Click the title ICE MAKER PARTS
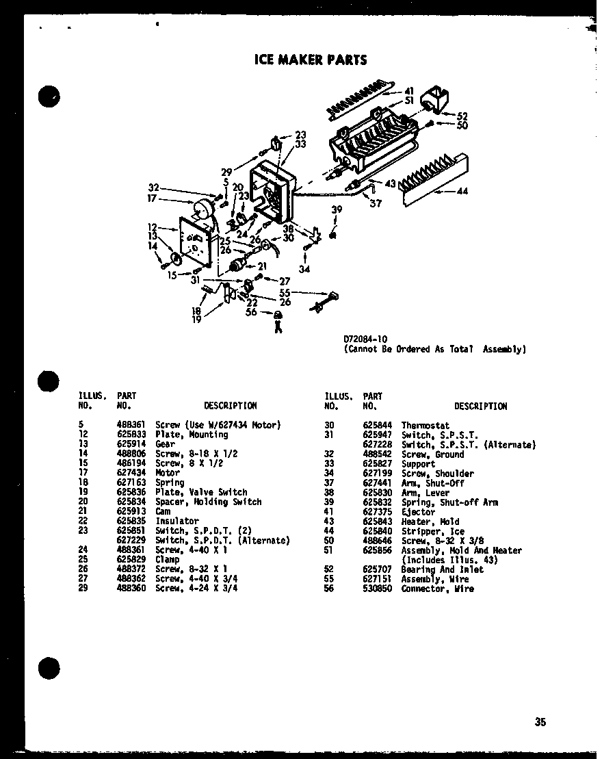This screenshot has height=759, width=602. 310,60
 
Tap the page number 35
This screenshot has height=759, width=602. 540,721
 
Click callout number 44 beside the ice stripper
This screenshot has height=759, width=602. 462,192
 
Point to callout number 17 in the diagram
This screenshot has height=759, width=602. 151,198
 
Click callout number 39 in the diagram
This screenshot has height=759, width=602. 336,210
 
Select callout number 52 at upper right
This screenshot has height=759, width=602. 462,116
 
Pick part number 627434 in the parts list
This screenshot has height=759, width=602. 130,472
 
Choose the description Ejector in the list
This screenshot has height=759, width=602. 418,511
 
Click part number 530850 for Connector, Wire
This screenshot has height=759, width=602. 377,589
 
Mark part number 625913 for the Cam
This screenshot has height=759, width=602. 130,511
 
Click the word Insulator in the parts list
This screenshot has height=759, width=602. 176,520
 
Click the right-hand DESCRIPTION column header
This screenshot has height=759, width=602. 480,406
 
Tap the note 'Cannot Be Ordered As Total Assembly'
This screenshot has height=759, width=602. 434,348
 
